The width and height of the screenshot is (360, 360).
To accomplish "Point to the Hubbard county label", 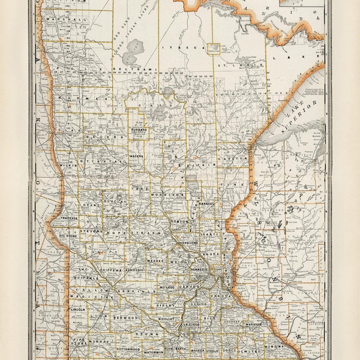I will click(x=140, y=129).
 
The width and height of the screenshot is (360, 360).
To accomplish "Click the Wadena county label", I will click(x=137, y=157).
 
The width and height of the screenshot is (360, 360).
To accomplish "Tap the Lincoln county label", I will click(x=78, y=310).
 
